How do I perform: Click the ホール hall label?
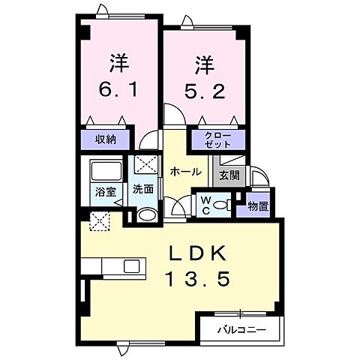pyautogui.click(x=185, y=172)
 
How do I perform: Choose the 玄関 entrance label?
pyautogui.click(x=229, y=178)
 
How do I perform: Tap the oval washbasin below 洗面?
pyautogui.click(x=148, y=215)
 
